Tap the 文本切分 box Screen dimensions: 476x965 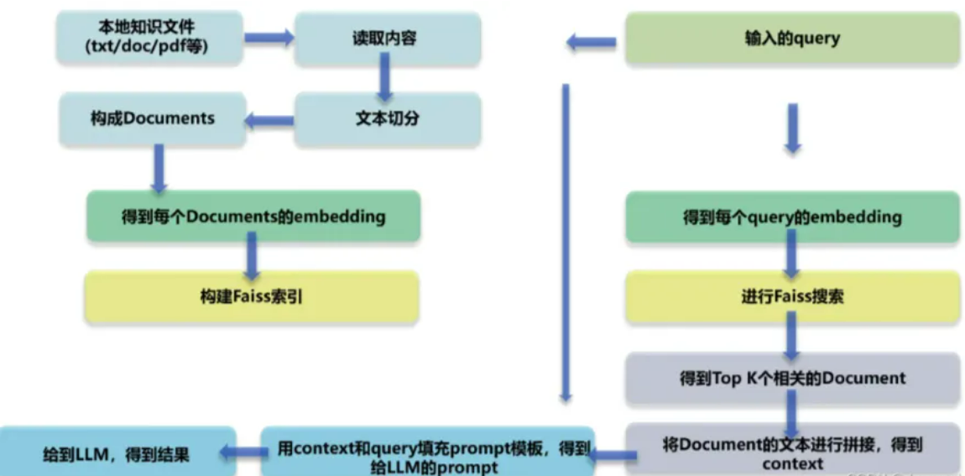[x=387, y=118]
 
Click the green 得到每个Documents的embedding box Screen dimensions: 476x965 [x=253, y=217]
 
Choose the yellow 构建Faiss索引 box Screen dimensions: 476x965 [x=252, y=296]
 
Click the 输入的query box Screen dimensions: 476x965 [x=792, y=38]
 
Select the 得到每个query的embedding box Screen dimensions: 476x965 [x=792, y=217]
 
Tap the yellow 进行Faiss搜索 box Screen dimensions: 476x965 [x=792, y=296]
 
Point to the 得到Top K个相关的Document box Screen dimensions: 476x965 [x=792, y=378]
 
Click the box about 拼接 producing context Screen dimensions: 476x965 [x=792, y=452]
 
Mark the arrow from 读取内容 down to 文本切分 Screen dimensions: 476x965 [x=385, y=79]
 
